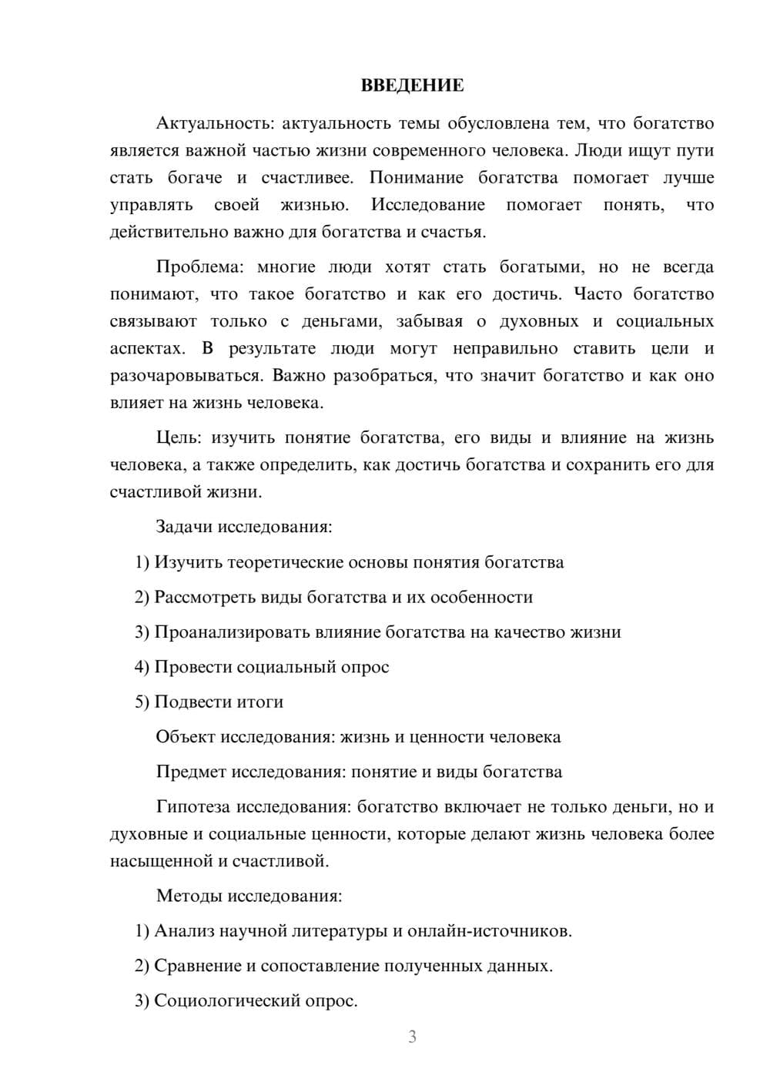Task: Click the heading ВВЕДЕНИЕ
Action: [x=412, y=85]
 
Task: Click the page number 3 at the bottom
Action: [x=412, y=1037]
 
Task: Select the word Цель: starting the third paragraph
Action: [x=179, y=438]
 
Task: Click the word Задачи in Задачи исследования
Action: [x=184, y=528]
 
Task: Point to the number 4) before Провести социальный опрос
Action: [x=142, y=667]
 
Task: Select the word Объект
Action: [x=186, y=737]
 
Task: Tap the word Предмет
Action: [x=191, y=772]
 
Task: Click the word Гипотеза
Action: [x=192, y=807]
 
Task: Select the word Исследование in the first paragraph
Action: [x=428, y=205]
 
